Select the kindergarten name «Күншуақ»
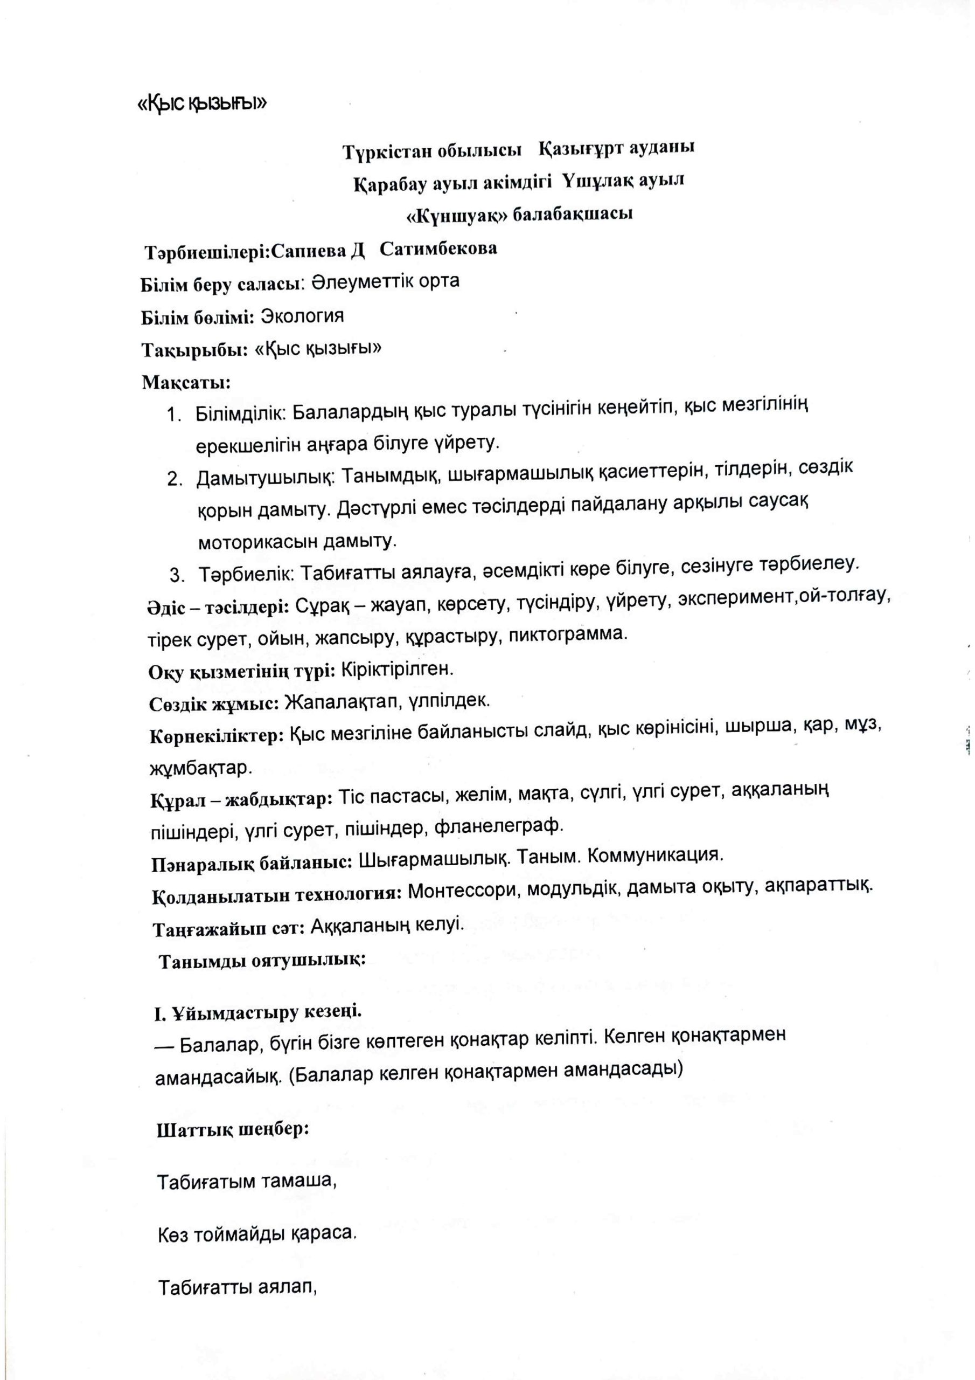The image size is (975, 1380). [x=455, y=215]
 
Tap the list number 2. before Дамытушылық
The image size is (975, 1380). [x=175, y=479]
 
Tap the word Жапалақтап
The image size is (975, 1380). [x=335, y=701]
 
